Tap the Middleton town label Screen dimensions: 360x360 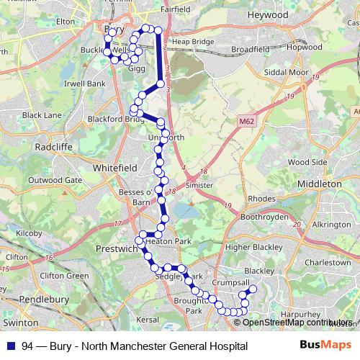[x=318, y=184]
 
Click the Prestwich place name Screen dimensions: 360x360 [x=116, y=249]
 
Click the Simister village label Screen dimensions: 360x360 [x=198, y=185]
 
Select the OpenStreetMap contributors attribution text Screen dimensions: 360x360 [x=299, y=323]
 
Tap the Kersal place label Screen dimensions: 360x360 [x=146, y=318]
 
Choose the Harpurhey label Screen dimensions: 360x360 [x=297, y=315]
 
